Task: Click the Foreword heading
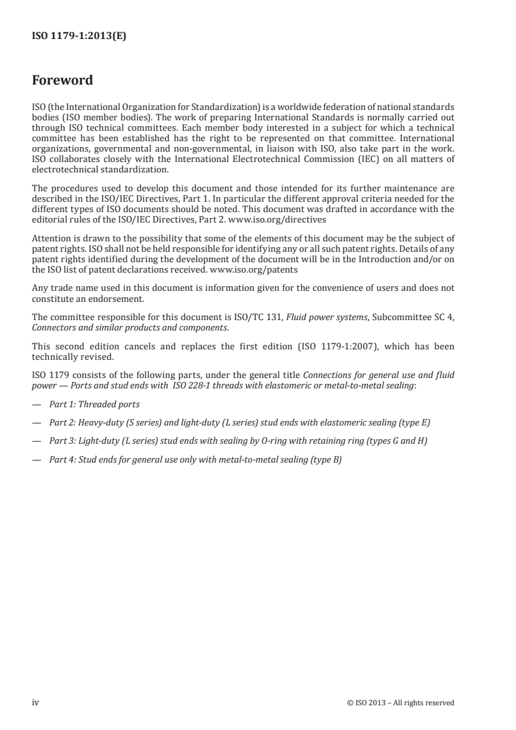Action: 62,81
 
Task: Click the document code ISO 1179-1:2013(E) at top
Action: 79,37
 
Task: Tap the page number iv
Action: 36,702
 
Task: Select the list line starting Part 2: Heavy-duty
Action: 239,423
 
